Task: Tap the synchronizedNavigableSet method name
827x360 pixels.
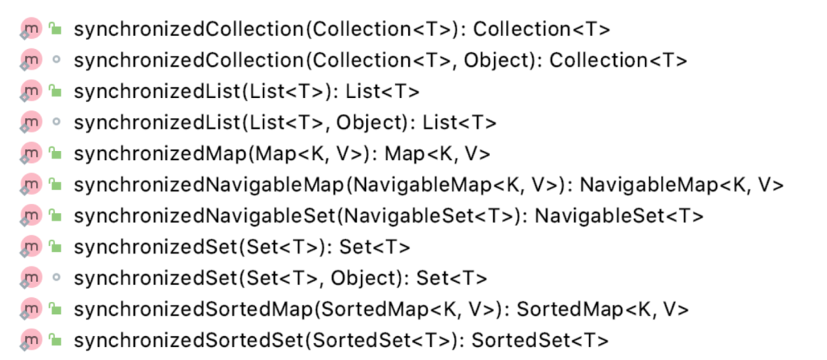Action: [x=204, y=216]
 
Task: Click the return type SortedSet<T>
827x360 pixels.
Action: [x=540, y=340]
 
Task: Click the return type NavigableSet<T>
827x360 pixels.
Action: [x=619, y=216]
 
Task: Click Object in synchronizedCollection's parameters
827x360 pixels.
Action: [x=498, y=61]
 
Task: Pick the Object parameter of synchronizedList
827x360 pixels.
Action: [x=371, y=123]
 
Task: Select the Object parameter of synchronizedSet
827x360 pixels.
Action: [x=363, y=278]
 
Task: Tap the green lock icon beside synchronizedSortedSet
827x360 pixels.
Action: [x=54, y=339]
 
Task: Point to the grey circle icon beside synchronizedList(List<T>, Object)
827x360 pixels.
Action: [x=55, y=122]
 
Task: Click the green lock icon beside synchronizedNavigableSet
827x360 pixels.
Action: [x=54, y=215]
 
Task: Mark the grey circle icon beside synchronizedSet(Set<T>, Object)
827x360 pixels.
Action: [x=55, y=277]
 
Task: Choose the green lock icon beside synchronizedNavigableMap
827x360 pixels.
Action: [x=54, y=184]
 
